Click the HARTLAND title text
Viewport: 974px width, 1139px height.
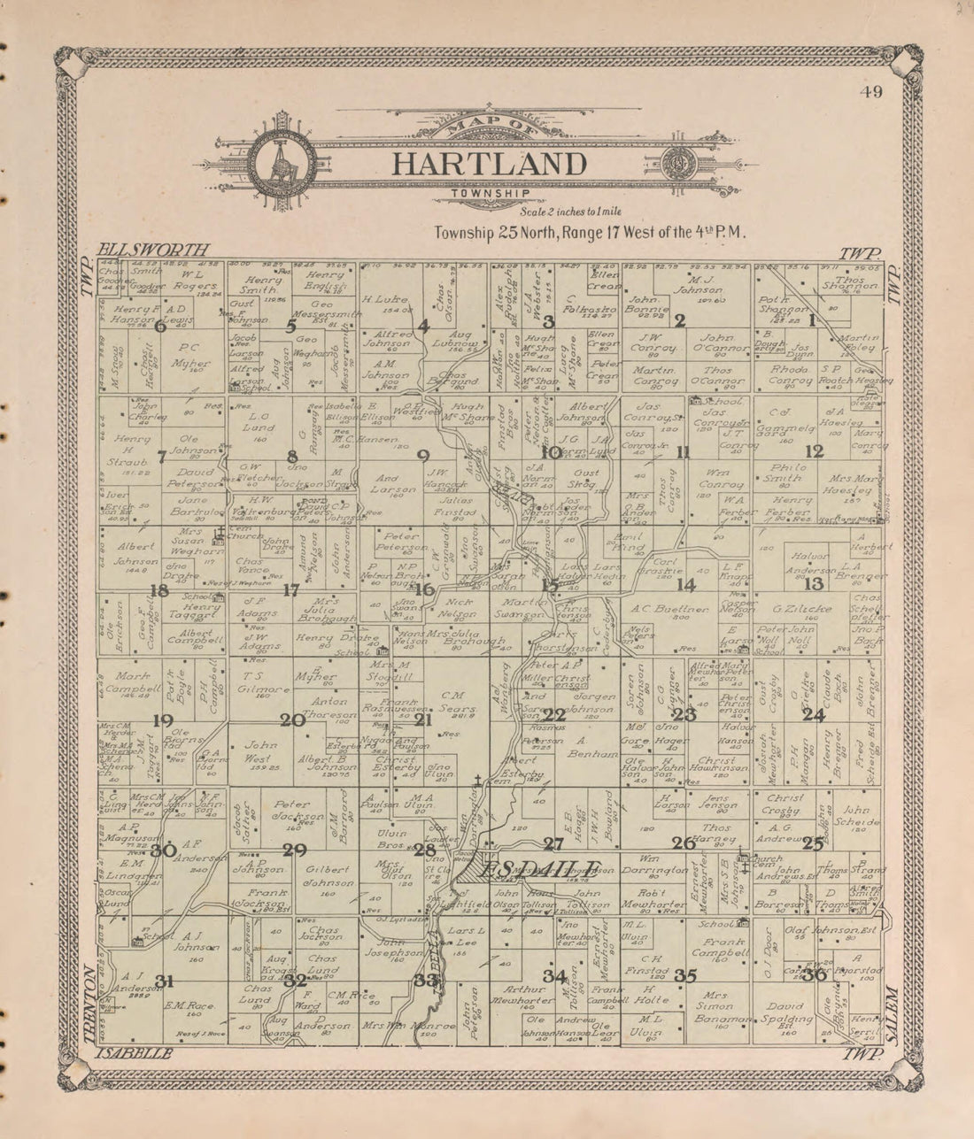[x=489, y=165]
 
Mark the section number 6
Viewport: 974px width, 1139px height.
[x=160, y=326]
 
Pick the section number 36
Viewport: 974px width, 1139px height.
[x=814, y=974]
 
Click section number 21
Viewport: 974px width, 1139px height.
[x=423, y=720]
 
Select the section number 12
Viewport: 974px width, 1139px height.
[x=814, y=451]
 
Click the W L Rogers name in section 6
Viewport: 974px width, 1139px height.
[x=194, y=280]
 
